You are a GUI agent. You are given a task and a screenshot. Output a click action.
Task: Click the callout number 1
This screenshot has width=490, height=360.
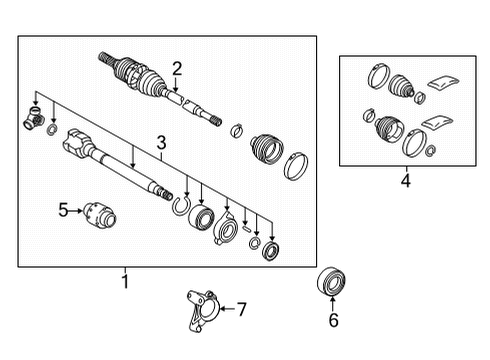[x=125, y=282]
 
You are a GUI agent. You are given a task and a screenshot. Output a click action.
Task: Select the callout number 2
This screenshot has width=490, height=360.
[x=176, y=68]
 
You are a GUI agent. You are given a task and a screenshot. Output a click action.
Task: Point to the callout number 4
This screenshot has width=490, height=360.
[x=404, y=181]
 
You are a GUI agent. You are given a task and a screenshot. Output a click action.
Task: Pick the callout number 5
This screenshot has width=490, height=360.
[x=62, y=210]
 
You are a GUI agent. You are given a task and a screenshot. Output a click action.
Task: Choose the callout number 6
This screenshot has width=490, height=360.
[x=334, y=320]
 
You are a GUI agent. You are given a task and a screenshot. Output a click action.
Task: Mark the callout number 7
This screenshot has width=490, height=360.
[x=240, y=309]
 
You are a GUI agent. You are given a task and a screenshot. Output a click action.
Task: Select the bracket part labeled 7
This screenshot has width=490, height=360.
[x=201, y=312]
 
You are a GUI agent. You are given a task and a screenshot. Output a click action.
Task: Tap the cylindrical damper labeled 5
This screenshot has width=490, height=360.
[x=100, y=213]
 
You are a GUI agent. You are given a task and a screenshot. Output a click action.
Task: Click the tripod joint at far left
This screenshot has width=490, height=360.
[x=30, y=122]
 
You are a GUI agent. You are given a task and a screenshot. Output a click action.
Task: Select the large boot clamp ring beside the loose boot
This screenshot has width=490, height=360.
[x=297, y=166]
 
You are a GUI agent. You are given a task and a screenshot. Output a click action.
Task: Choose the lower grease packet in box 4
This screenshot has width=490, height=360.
[x=435, y=122]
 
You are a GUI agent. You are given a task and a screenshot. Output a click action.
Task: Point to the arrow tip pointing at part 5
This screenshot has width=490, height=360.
[x=79, y=210]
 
